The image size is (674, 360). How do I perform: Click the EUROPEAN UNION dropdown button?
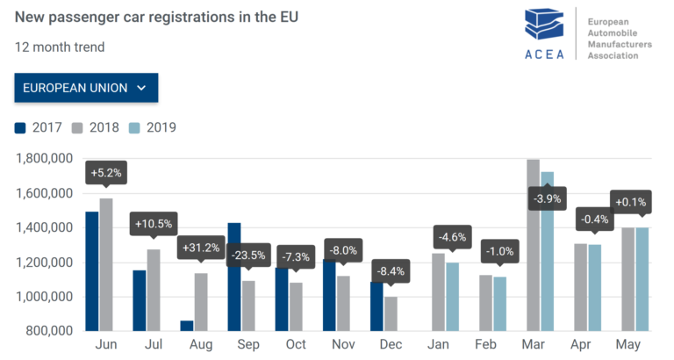(85, 88)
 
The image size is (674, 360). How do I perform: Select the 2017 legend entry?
(39, 127)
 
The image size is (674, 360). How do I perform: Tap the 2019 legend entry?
(152, 127)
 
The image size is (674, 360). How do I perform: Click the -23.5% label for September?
(250, 257)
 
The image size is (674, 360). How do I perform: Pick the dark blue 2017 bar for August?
(187, 326)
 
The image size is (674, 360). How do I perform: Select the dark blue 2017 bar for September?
(234, 277)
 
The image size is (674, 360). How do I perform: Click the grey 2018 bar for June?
(106, 264)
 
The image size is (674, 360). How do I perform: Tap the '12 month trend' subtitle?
(60, 47)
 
